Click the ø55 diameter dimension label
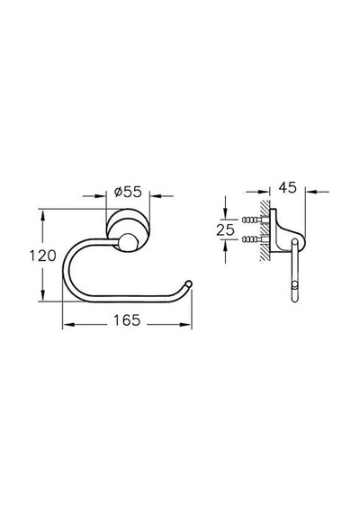(x=128, y=192)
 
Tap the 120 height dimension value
(x=43, y=256)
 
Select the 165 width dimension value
(x=127, y=320)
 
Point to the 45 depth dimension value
(x=288, y=187)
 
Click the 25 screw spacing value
(x=226, y=230)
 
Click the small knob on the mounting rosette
(x=128, y=243)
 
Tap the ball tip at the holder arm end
(x=188, y=284)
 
